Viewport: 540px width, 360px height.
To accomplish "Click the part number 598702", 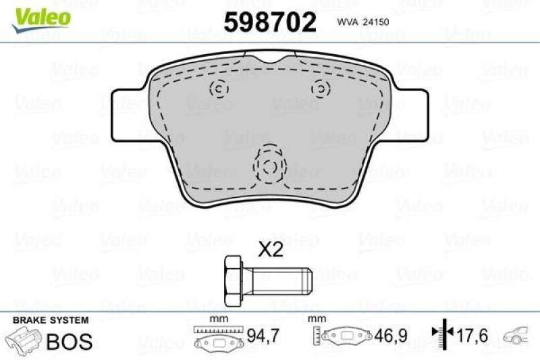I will coord(269,23).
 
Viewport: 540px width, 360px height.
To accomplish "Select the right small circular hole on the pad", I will coord(319,88).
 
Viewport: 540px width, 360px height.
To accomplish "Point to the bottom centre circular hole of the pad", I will coord(269,167).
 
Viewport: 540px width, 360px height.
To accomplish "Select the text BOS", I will coord(69,341).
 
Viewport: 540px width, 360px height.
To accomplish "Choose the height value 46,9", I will coord(385,334).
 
